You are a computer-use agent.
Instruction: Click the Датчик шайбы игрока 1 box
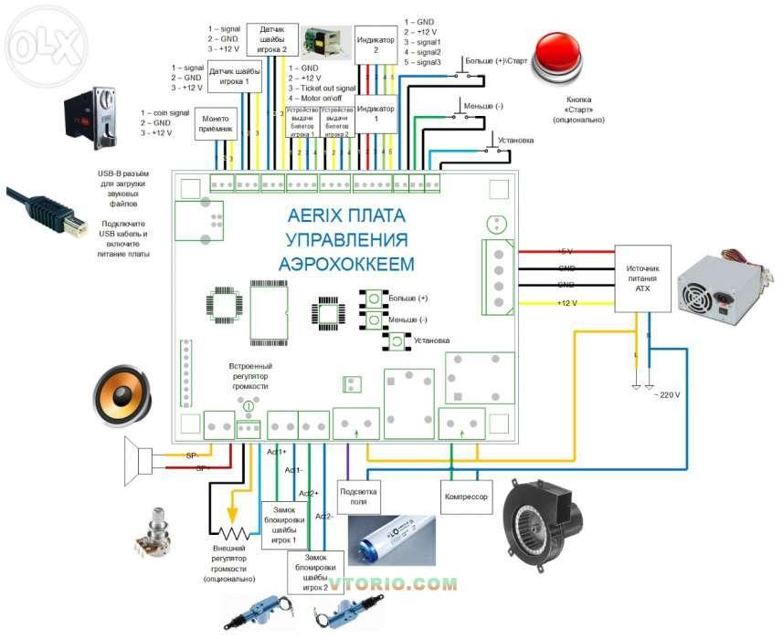(235, 78)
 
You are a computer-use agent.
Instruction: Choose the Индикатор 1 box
(374, 114)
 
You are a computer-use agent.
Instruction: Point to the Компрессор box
(466, 498)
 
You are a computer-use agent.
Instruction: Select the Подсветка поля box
(358, 496)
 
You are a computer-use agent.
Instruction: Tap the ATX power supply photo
(721, 283)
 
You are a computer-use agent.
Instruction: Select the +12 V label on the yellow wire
(566, 302)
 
